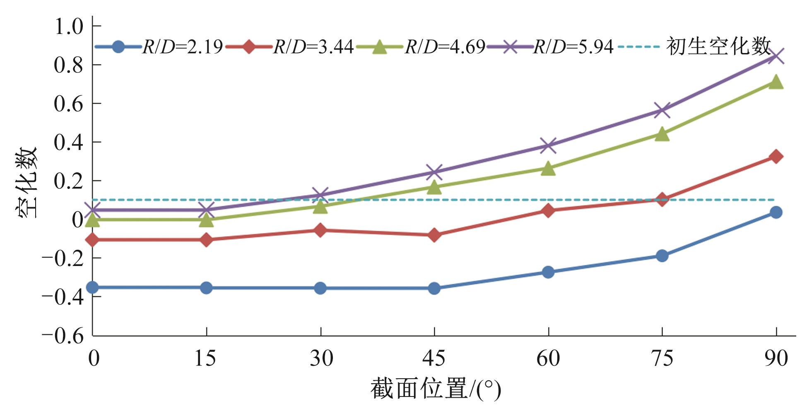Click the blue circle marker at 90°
click(x=776, y=213)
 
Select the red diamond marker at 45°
click(x=434, y=235)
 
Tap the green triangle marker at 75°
click(x=662, y=134)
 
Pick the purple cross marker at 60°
click(x=548, y=145)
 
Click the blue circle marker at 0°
click(x=92, y=287)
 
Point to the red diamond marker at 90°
click(x=776, y=157)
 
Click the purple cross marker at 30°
click(x=320, y=194)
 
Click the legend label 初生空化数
click(x=718, y=46)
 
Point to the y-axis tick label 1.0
click(x=69, y=27)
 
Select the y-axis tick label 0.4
click(x=69, y=143)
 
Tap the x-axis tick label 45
click(x=434, y=358)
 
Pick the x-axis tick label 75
click(x=662, y=358)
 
